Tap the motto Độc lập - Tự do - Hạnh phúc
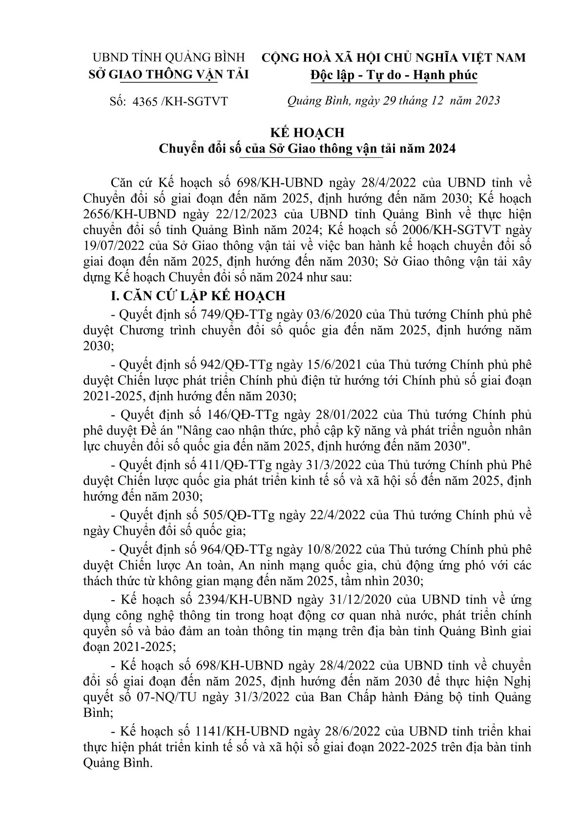[x=394, y=75]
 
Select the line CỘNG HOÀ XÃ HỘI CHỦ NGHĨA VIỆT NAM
[x=394, y=57]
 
